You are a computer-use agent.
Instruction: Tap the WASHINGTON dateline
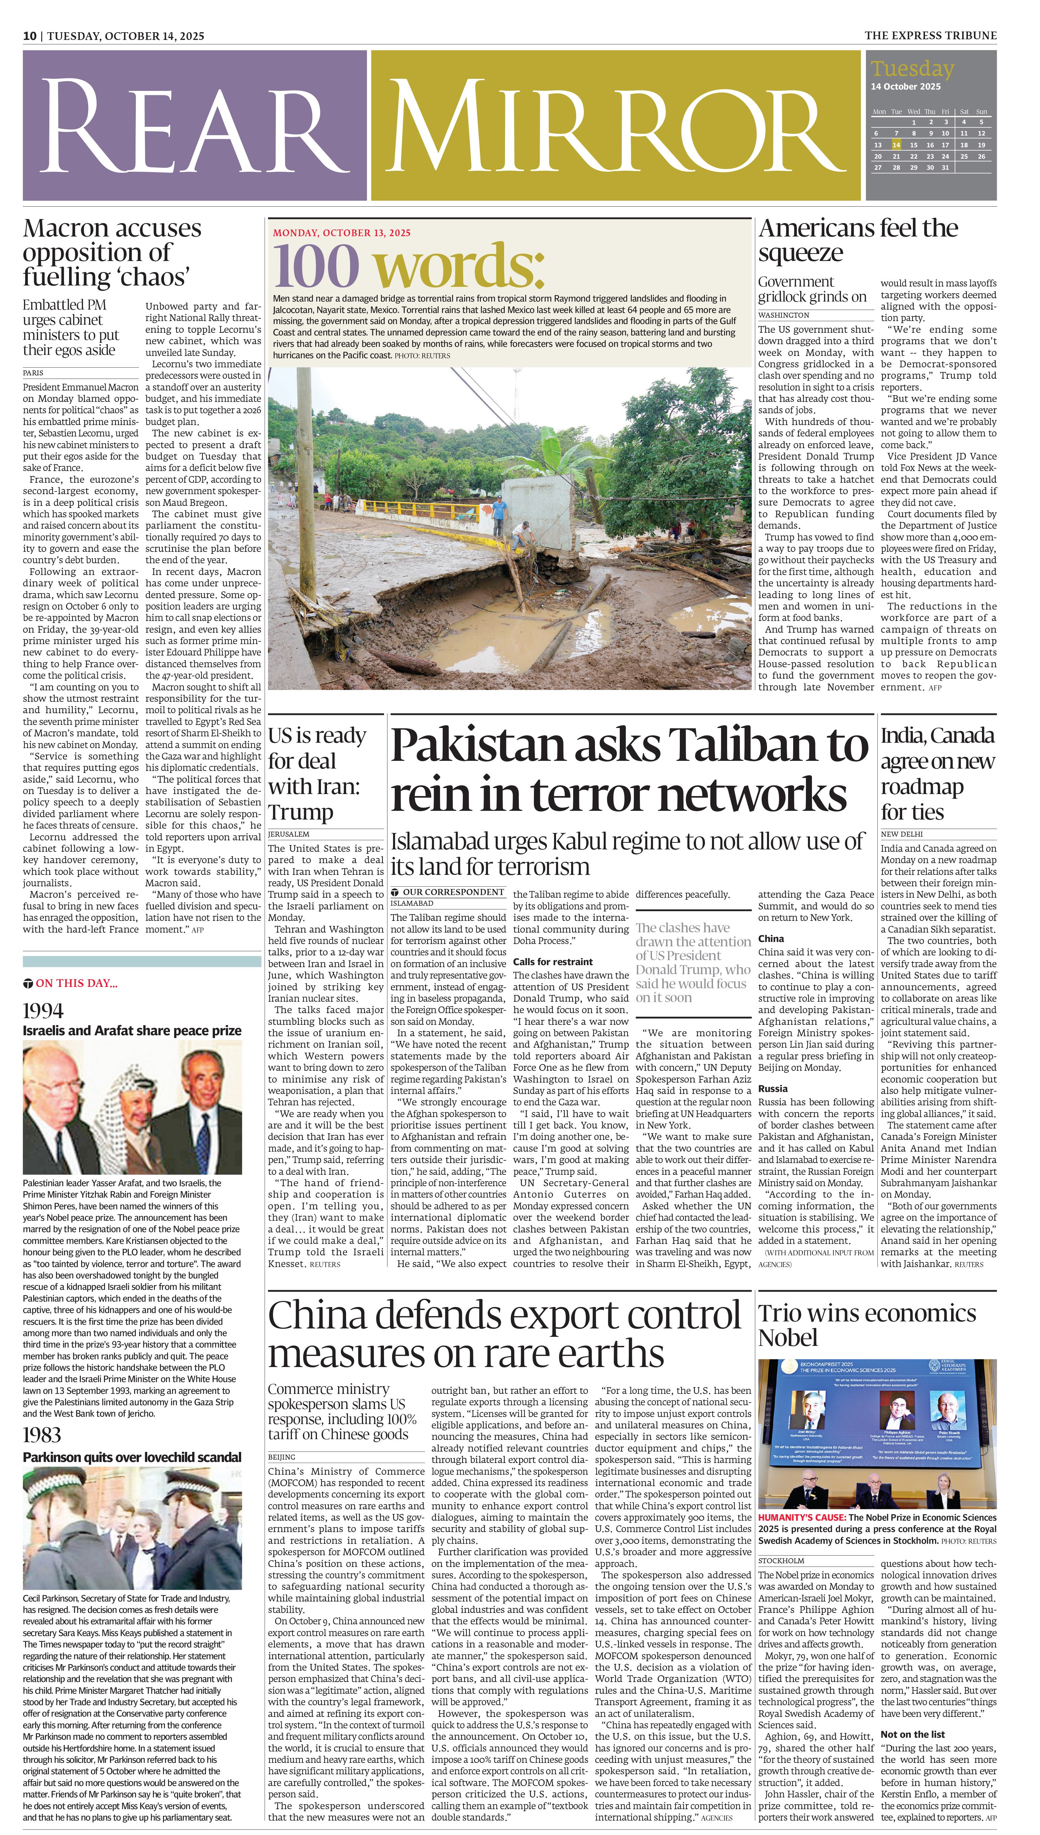pyautogui.click(x=783, y=315)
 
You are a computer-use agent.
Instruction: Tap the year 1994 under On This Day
pyautogui.click(x=43, y=1011)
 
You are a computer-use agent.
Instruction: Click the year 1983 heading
pyautogui.click(x=42, y=1435)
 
